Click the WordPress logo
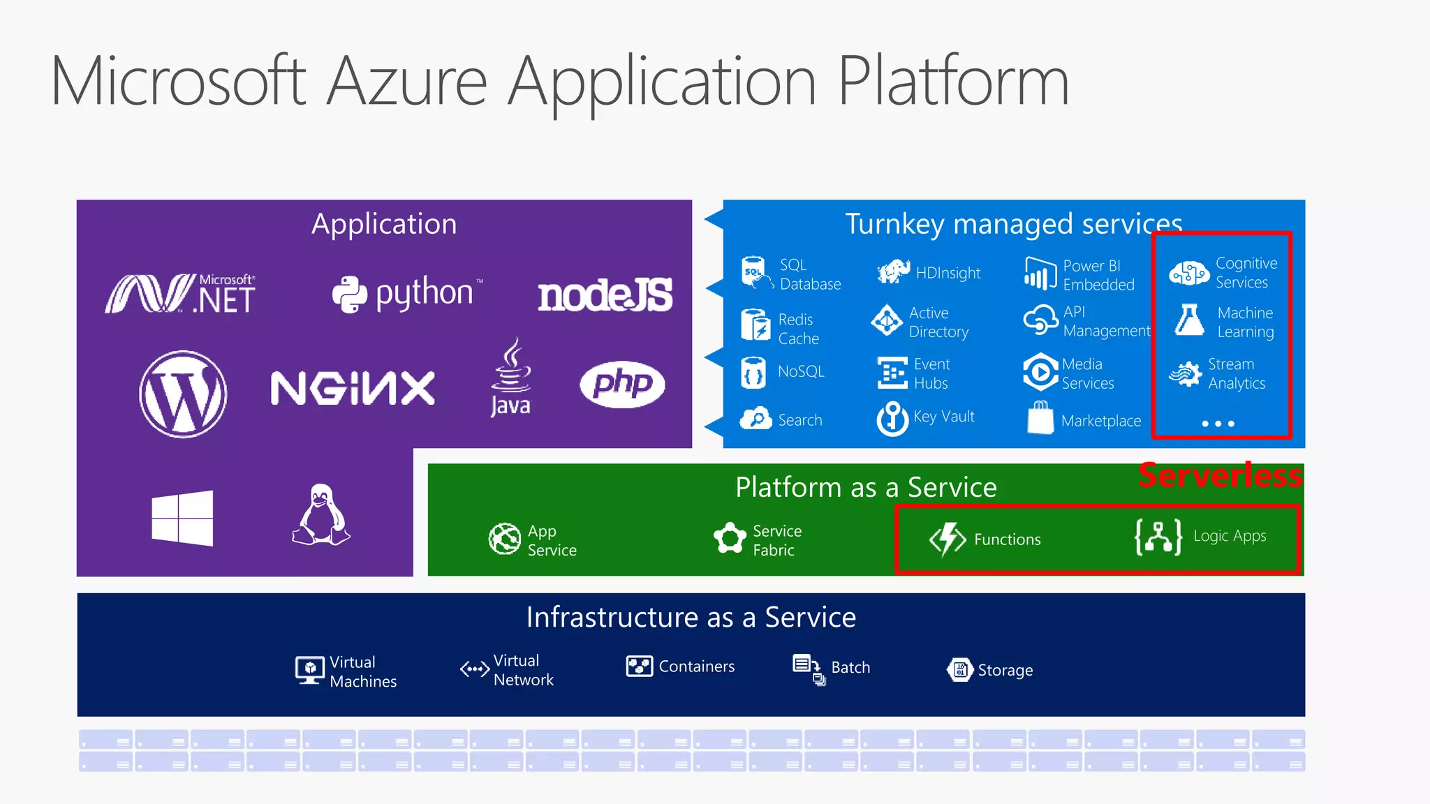[x=183, y=394]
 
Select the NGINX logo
[x=353, y=388]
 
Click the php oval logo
[x=622, y=384]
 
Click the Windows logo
[x=182, y=518]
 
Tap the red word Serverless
[x=1220, y=475]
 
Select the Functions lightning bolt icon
[x=948, y=539]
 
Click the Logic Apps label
[x=1230, y=536]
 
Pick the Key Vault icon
[x=892, y=418]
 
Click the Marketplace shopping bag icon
[x=1040, y=418]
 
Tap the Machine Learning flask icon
[x=1189, y=320]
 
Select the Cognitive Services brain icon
[x=1189, y=273]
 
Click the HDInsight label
[x=948, y=273]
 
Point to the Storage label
[x=1005, y=670]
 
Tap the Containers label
[x=696, y=667]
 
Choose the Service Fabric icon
[x=730, y=539]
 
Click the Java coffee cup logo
[x=511, y=377]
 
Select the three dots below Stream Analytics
[x=1218, y=424]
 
